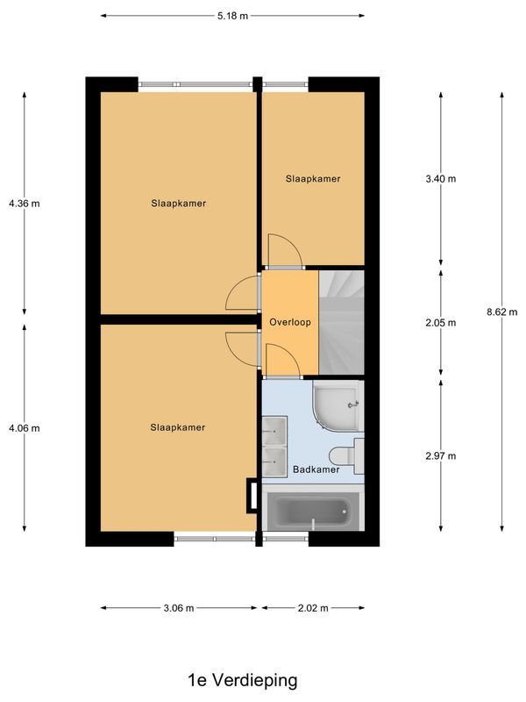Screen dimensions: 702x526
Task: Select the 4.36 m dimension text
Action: pos(24,204)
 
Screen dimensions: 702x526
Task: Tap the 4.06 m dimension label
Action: pos(24,428)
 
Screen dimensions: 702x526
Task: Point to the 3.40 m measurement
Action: pos(440,178)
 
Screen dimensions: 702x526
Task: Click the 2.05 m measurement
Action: pos(440,322)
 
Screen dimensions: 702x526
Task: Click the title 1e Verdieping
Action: pos(243,680)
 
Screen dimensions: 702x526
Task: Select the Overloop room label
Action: pos(290,322)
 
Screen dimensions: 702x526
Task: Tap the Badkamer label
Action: pos(316,470)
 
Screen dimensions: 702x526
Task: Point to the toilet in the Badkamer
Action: pos(345,455)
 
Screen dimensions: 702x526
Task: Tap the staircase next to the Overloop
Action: pos(341,322)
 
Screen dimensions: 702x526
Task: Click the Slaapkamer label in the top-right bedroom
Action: pos(312,178)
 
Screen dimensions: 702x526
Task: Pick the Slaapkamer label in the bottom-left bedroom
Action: pos(178,427)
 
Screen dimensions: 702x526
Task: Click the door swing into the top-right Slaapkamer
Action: pos(283,250)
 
